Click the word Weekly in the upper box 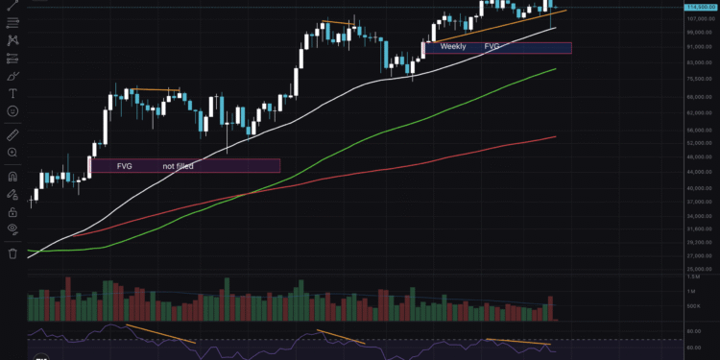point(453,46)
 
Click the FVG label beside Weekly point(492,46)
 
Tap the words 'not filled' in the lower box point(178,166)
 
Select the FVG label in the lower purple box point(125,166)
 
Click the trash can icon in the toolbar point(12,253)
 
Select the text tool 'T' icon point(12,93)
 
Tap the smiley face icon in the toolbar point(12,111)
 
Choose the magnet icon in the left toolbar point(12,177)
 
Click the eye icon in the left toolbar point(12,228)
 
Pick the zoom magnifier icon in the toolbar point(12,152)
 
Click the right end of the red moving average point(556,136)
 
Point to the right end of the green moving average point(556,69)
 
